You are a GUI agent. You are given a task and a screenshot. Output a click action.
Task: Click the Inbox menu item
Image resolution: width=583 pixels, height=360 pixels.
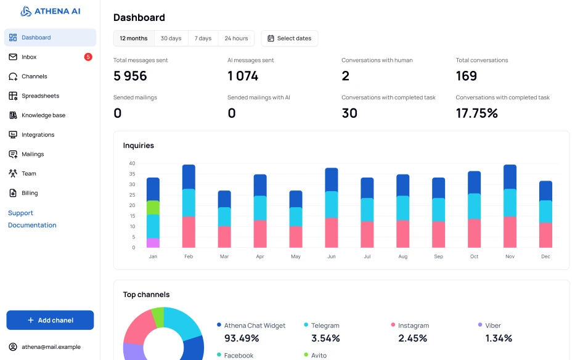point(29,57)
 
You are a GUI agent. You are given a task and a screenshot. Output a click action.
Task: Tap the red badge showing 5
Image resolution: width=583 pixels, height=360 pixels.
point(88,57)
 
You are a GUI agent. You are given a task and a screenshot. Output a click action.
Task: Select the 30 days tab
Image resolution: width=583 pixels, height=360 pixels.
point(171,38)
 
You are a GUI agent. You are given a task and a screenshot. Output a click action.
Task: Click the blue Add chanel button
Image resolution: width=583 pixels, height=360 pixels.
point(50,320)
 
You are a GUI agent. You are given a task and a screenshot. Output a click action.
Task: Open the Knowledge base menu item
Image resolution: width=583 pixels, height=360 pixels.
point(43,115)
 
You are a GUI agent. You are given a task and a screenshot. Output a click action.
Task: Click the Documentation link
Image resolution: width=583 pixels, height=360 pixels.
point(32,225)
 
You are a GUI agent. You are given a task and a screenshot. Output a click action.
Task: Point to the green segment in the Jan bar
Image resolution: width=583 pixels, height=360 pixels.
point(153,207)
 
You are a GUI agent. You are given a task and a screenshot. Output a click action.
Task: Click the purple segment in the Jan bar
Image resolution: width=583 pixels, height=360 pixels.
point(153,243)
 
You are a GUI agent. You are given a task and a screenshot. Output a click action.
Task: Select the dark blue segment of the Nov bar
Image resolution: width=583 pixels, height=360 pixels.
point(510,177)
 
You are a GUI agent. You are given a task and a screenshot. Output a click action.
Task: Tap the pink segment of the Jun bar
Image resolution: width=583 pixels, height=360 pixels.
point(332,232)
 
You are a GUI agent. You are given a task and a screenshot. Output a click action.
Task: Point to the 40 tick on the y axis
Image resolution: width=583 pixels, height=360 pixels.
point(132,163)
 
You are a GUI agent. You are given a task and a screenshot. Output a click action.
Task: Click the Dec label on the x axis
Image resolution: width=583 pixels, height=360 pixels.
point(545,256)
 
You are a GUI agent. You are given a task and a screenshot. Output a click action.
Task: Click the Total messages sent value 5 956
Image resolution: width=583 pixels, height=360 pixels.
point(130,76)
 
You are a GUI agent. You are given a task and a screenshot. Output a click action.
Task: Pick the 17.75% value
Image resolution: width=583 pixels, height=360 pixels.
point(476,113)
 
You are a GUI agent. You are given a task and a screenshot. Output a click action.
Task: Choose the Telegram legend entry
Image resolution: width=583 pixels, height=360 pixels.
point(325,325)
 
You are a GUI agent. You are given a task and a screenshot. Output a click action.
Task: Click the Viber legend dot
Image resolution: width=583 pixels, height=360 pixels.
point(480,325)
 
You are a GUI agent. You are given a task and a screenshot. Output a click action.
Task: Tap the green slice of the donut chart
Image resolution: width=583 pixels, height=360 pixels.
point(158,316)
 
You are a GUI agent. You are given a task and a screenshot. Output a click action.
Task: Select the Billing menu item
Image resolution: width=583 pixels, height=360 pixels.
point(30,193)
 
